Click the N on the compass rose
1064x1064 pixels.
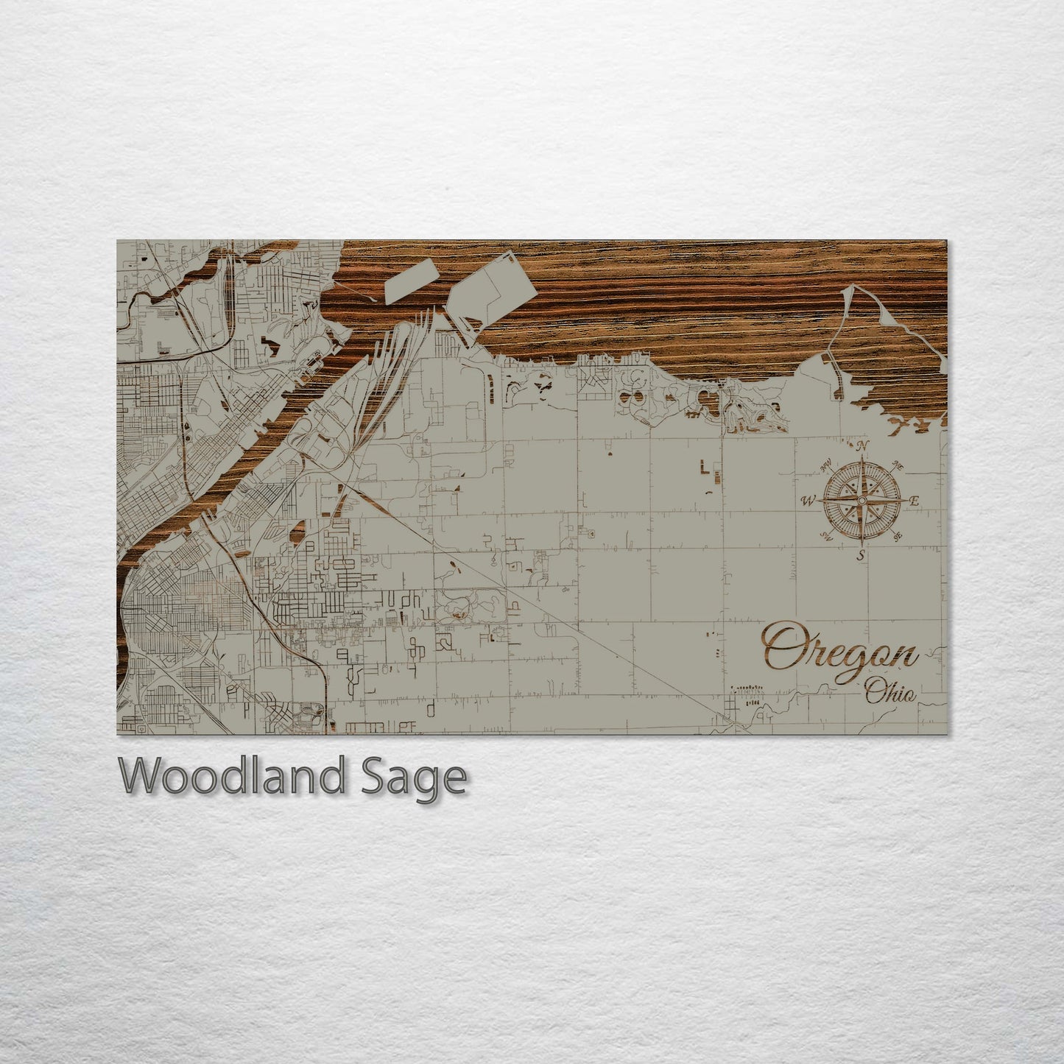[863, 445]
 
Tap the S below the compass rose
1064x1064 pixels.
[861, 556]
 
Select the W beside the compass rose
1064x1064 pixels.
[808, 501]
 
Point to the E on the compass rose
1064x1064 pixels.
[915, 501]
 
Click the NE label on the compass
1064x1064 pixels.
[897, 465]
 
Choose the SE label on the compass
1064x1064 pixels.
[897, 536]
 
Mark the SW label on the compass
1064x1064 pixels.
[825, 538]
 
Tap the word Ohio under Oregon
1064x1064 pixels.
[890, 692]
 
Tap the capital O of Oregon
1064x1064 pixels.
[781, 646]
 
